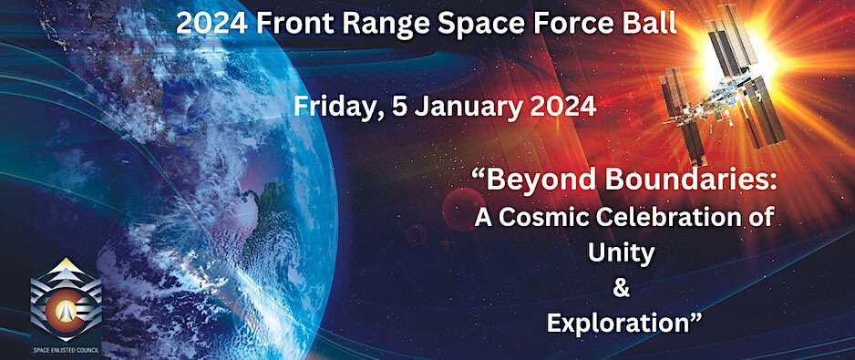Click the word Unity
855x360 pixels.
tap(621, 254)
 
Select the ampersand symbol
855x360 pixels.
tap(621, 289)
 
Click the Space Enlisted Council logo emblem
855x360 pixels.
tap(66, 300)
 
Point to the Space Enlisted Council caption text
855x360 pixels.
tap(66, 350)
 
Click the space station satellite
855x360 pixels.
tap(723, 85)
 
